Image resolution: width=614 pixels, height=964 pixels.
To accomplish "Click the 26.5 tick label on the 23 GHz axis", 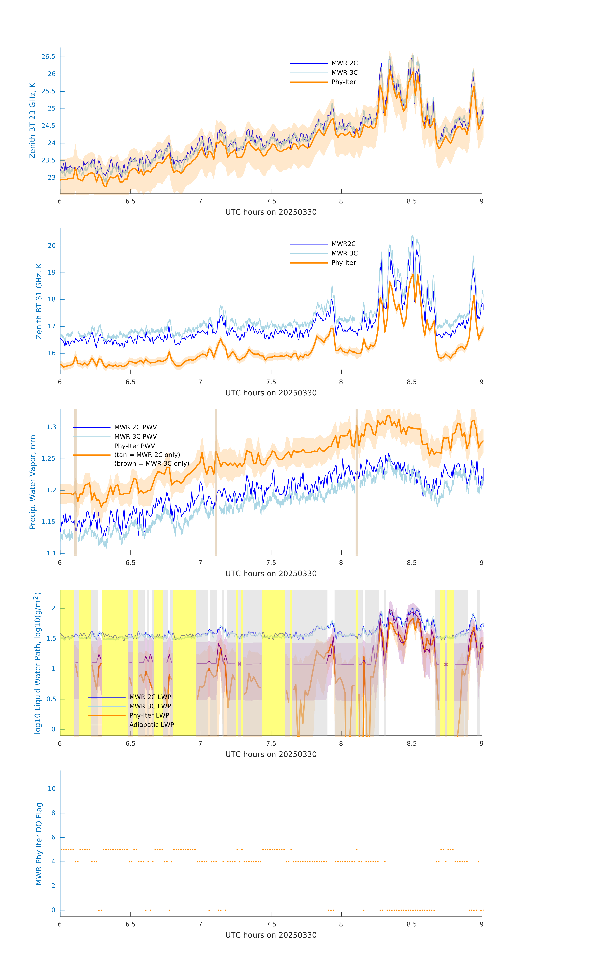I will (48, 57).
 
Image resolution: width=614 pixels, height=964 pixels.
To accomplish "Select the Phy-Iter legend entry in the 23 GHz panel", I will (343, 82).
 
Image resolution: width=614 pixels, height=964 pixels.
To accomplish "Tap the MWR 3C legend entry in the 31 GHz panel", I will (344, 253).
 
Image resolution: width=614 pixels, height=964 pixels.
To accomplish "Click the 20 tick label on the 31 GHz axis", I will (52, 246).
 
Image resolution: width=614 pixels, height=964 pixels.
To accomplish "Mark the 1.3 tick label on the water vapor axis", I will (51, 427).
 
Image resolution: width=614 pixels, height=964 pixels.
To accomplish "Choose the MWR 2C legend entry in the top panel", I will (344, 63).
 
